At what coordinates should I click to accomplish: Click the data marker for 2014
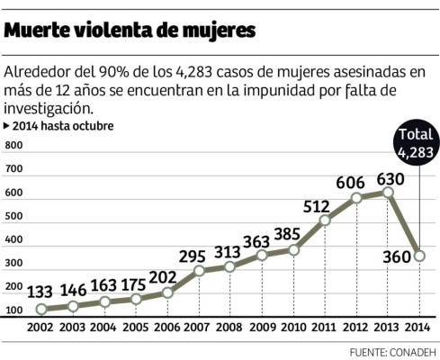pos(418,256)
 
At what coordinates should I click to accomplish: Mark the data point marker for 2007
pos(198,270)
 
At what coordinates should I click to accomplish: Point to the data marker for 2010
pos(293,249)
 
